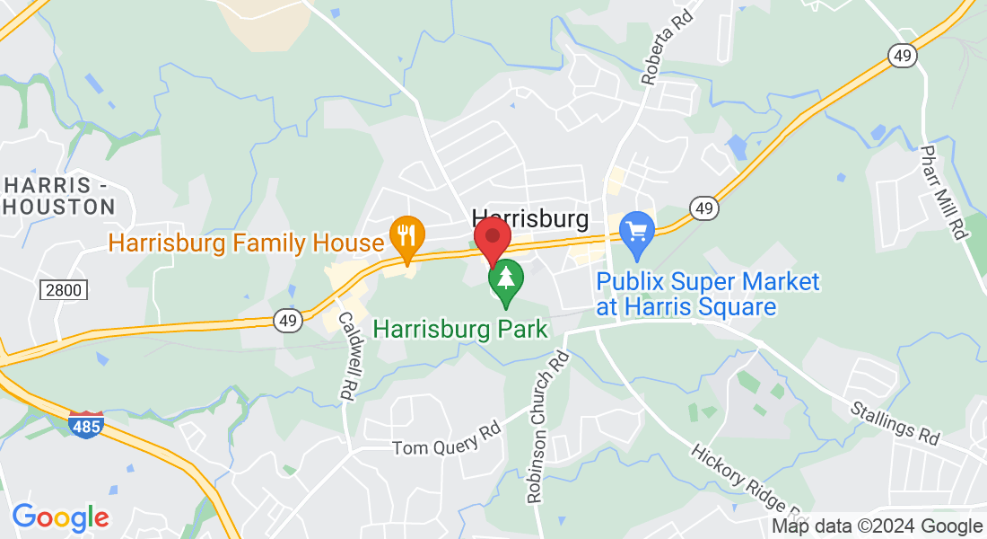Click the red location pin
click(x=492, y=239)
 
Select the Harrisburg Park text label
click(x=459, y=329)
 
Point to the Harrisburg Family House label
click(x=246, y=243)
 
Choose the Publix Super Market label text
click(x=708, y=295)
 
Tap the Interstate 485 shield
click(x=85, y=422)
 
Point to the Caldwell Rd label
click(x=345, y=356)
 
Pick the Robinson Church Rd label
click(x=549, y=427)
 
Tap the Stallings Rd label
click(x=896, y=424)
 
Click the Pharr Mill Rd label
click(x=941, y=192)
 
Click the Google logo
click(x=60, y=517)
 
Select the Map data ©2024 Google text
click(x=877, y=526)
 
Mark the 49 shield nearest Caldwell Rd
click(x=287, y=321)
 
